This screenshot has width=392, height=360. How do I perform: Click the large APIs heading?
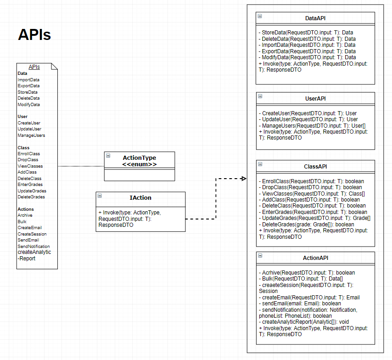pos(34,35)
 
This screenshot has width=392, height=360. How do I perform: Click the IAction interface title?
pos(140,198)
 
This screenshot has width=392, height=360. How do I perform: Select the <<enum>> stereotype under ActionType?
pos(139,164)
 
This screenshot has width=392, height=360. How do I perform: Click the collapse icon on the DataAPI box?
pos(260,16)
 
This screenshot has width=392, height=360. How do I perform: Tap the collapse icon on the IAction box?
pos(100,196)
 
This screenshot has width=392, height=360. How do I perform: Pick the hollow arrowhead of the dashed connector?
pos(244,178)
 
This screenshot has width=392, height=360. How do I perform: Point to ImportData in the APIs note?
pos(28,79)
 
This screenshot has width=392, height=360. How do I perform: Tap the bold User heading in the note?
pos(22,117)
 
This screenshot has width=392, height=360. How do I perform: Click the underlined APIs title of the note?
pos(34,67)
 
